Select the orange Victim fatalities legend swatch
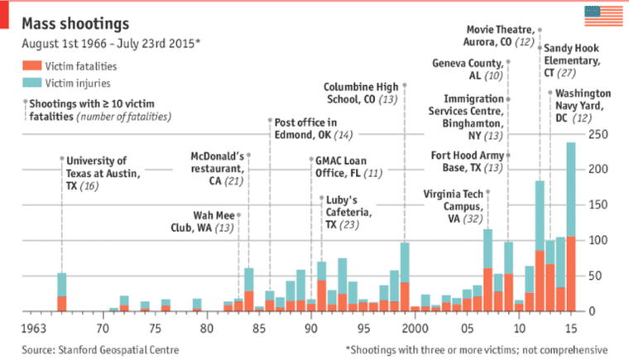click(x=31, y=65)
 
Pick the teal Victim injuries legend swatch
click(x=31, y=83)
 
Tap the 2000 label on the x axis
click(x=413, y=329)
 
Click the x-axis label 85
click(x=259, y=329)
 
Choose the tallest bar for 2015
click(x=571, y=227)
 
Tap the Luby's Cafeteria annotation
click(x=343, y=212)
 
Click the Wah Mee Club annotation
click(x=202, y=221)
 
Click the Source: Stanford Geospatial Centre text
click(x=98, y=350)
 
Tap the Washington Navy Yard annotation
click(x=583, y=106)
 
